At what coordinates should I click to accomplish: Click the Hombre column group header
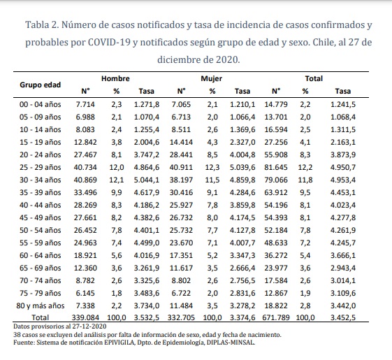(x=115, y=78)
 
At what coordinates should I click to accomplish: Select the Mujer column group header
(x=211, y=78)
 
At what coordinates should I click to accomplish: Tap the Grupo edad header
(x=41, y=85)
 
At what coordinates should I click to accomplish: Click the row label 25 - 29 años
(x=41, y=167)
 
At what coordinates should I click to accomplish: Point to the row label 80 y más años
(x=41, y=305)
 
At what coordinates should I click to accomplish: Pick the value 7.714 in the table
(x=85, y=104)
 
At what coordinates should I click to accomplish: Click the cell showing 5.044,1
(x=147, y=180)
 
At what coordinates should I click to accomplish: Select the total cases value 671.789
(x=276, y=317)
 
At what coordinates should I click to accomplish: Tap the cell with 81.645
(x=276, y=167)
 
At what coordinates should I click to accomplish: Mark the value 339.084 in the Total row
(x=85, y=317)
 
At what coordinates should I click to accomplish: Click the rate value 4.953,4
(x=343, y=180)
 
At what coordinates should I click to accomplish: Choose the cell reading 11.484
(x=181, y=305)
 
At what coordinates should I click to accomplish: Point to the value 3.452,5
(x=343, y=317)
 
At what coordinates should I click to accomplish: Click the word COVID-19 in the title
(x=109, y=42)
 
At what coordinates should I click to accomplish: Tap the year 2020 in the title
(x=226, y=59)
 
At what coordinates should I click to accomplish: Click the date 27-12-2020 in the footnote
(x=89, y=326)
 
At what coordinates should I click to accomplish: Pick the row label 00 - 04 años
(x=41, y=104)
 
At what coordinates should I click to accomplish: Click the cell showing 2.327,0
(x=242, y=142)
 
